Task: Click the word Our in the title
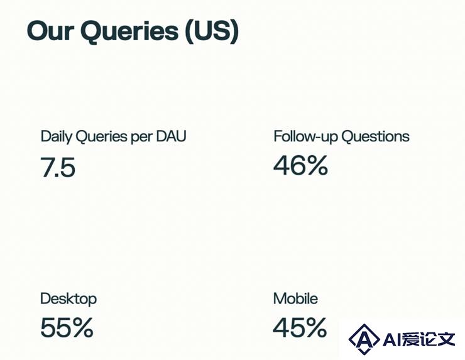pos(50,30)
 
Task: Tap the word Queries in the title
pos(129,32)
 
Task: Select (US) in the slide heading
pos(212,31)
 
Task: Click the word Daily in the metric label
pos(57,137)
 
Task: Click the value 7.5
pos(58,167)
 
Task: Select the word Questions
pos(375,136)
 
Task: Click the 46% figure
pos(300,165)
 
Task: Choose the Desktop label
pos(68,299)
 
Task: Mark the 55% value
pos(67,327)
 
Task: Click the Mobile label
pos(295,298)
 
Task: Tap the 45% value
pos(300,327)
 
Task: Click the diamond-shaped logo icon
pos(364,339)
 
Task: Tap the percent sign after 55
pos(81,327)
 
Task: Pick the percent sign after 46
pos(316,165)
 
